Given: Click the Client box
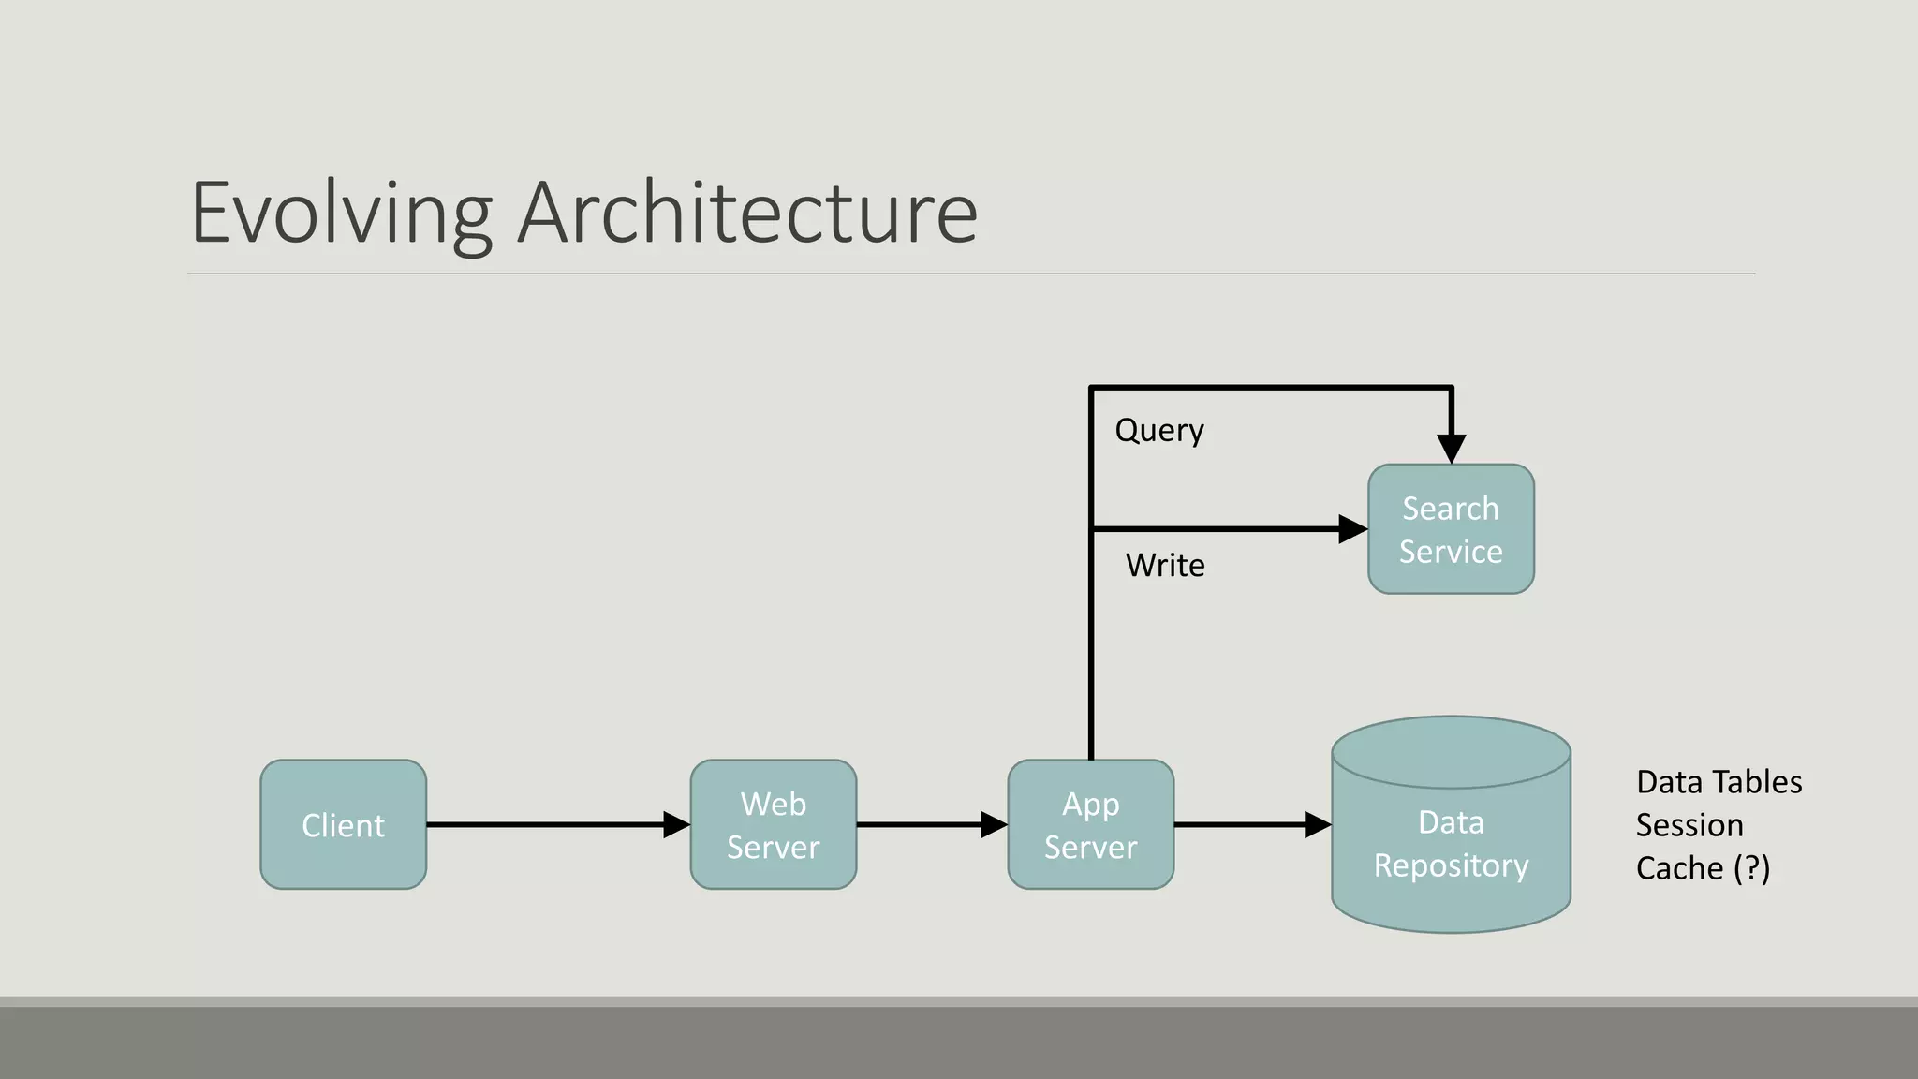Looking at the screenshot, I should pos(343,824).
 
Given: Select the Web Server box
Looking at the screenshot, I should pos(773,824).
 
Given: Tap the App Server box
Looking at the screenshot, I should pos(1090,824).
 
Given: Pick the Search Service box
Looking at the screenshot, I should pos(1451,529).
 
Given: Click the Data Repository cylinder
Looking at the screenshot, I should pos(1451,843).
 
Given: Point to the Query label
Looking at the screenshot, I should pos(1159,431).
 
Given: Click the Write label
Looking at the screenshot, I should pos(1165,566).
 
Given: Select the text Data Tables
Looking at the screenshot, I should pos(1719,782).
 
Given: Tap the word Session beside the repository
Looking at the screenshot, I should pos(1689,825).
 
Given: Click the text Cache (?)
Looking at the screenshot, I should pos(1702,868).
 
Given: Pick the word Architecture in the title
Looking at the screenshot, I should pos(747,214).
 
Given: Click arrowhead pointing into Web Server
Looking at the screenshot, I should pos(676,824).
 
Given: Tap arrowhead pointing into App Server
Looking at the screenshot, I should pos(994,824).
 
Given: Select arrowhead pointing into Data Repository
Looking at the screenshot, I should pos(1317,824).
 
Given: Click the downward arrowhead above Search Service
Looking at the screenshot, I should pos(1451,448).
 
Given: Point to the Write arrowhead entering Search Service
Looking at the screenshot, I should pos(1352,529).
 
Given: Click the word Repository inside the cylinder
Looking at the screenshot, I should pos(1451,865).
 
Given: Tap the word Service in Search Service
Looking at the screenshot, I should pos(1451,552).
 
